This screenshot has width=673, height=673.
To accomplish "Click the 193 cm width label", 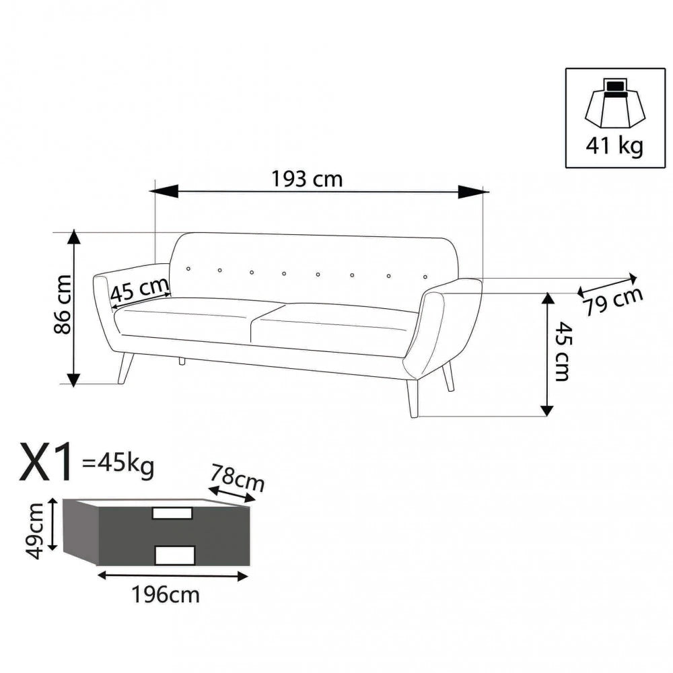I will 307,180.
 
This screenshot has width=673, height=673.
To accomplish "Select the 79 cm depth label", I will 612,301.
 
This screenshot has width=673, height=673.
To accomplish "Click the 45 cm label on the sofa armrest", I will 139,291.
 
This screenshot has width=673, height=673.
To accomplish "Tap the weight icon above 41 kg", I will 614,104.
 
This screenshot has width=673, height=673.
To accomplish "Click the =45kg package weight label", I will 117,463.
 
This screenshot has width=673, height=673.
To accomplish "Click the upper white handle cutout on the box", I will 173,513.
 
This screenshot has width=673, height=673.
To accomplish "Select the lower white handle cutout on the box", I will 174,554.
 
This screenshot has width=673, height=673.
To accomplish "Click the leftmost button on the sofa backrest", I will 188,269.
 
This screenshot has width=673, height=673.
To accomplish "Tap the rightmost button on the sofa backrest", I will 425,275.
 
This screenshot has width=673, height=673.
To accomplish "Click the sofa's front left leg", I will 125,368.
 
